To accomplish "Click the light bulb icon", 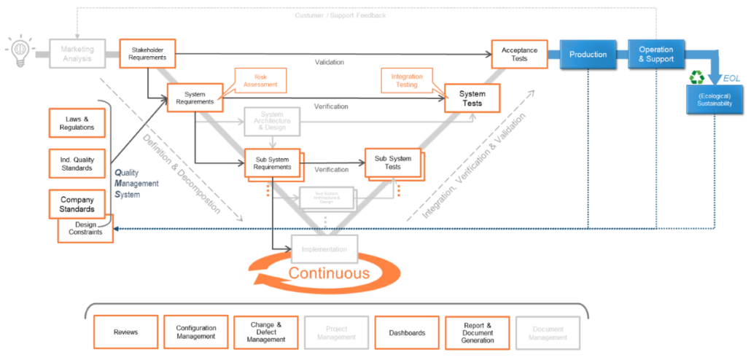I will click(20, 50).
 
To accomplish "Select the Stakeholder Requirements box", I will click(148, 53).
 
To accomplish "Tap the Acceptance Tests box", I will click(519, 55).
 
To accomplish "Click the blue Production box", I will click(588, 55).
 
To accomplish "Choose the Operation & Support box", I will click(656, 55).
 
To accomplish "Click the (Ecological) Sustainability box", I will click(715, 100).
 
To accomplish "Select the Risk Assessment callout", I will click(261, 80).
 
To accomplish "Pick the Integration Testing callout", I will click(406, 81).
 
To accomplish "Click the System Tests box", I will click(472, 98).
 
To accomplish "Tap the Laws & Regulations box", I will click(77, 123).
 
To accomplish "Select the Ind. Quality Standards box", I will click(77, 163).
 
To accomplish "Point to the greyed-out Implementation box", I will click(324, 249).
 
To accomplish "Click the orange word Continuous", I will click(329, 273).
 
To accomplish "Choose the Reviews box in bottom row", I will click(125, 332).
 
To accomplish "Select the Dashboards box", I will click(406, 332).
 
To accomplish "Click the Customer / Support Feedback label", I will click(341, 15).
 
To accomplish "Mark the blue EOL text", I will click(732, 78).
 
